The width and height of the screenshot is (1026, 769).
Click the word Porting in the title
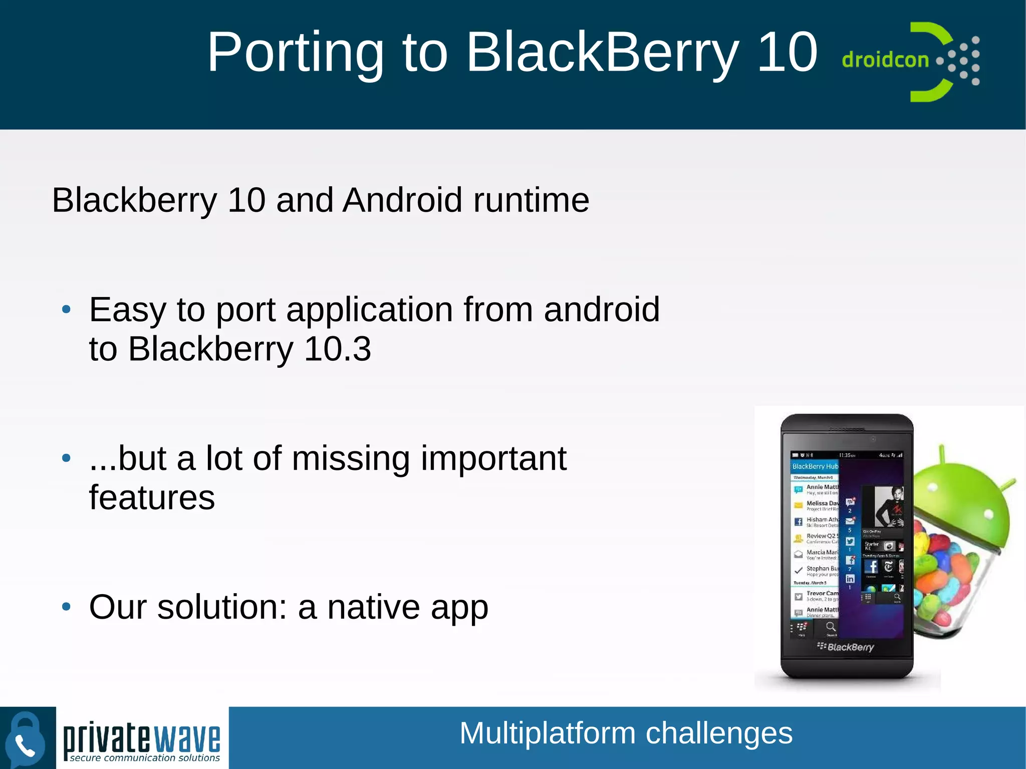pyautogui.click(x=296, y=52)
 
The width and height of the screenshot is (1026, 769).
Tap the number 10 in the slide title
pyautogui.click(x=787, y=52)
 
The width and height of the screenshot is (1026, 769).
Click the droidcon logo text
pyautogui.click(x=885, y=60)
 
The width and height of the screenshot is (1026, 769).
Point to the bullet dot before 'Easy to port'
pyautogui.click(x=66, y=310)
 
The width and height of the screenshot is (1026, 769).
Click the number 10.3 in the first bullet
pyautogui.click(x=337, y=349)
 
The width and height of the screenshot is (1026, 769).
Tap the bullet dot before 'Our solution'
pyautogui.click(x=66, y=607)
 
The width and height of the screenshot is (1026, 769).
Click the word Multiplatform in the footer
pyautogui.click(x=548, y=733)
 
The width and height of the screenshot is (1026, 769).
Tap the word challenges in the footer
pyautogui.click(x=719, y=733)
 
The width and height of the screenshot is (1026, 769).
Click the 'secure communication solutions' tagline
pyautogui.click(x=144, y=758)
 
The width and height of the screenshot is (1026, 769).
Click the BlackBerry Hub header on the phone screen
pyautogui.click(x=815, y=466)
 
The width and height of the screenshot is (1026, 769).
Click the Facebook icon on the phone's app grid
pyautogui.click(x=871, y=567)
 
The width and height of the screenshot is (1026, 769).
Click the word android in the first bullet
pyautogui.click(x=601, y=310)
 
